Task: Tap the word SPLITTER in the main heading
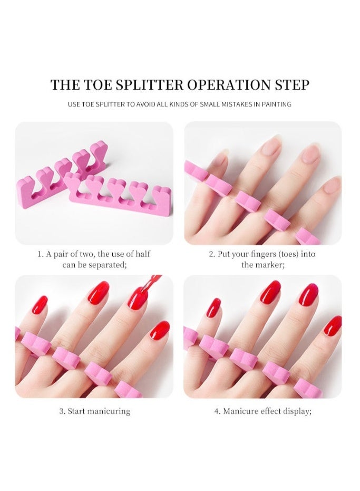(146, 85)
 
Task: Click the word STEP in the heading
(292, 85)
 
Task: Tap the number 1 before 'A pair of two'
(40, 254)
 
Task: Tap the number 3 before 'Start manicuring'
(61, 411)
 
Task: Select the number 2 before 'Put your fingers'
(211, 254)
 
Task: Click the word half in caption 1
(141, 254)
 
